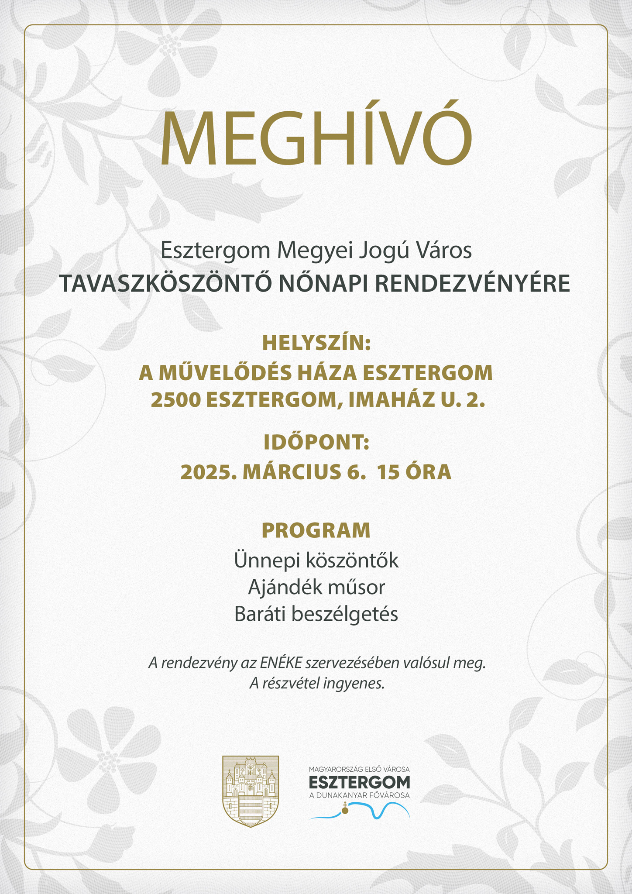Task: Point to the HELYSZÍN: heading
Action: point(316,344)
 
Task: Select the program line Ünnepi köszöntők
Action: point(316,560)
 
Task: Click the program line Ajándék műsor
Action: point(316,588)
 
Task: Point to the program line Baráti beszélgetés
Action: point(316,614)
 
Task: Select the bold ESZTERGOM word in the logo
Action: point(359,781)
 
